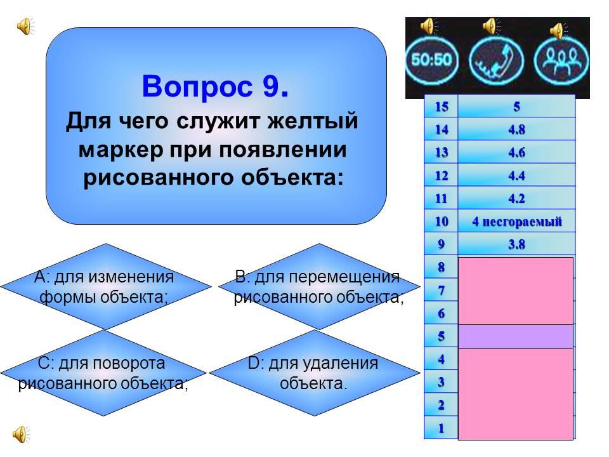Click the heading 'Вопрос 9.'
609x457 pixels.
pyautogui.click(x=216, y=86)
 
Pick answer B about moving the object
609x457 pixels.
pyautogui.click(x=319, y=287)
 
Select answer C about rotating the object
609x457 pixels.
pyautogui.click(x=103, y=373)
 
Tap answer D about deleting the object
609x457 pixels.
pyautogui.click(x=314, y=373)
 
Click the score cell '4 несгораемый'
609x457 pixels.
pyautogui.click(x=516, y=222)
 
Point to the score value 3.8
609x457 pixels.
pyautogui.click(x=516, y=244)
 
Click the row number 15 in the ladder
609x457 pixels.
pyautogui.click(x=442, y=107)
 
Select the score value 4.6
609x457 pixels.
pyautogui.click(x=516, y=152)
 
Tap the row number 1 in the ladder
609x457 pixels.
pyautogui.click(x=442, y=428)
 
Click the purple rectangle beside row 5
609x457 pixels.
pyautogui.click(x=516, y=336)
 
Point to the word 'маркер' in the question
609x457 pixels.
pyautogui.click(x=121, y=150)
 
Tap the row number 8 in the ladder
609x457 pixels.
pyautogui.click(x=442, y=267)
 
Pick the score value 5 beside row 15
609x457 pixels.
pyautogui.click(x=516, y=107)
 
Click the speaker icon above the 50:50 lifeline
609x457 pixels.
pyautogui.click(x=429, y=26)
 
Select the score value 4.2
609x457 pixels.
pyautogui.click(x=516, y=199)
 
